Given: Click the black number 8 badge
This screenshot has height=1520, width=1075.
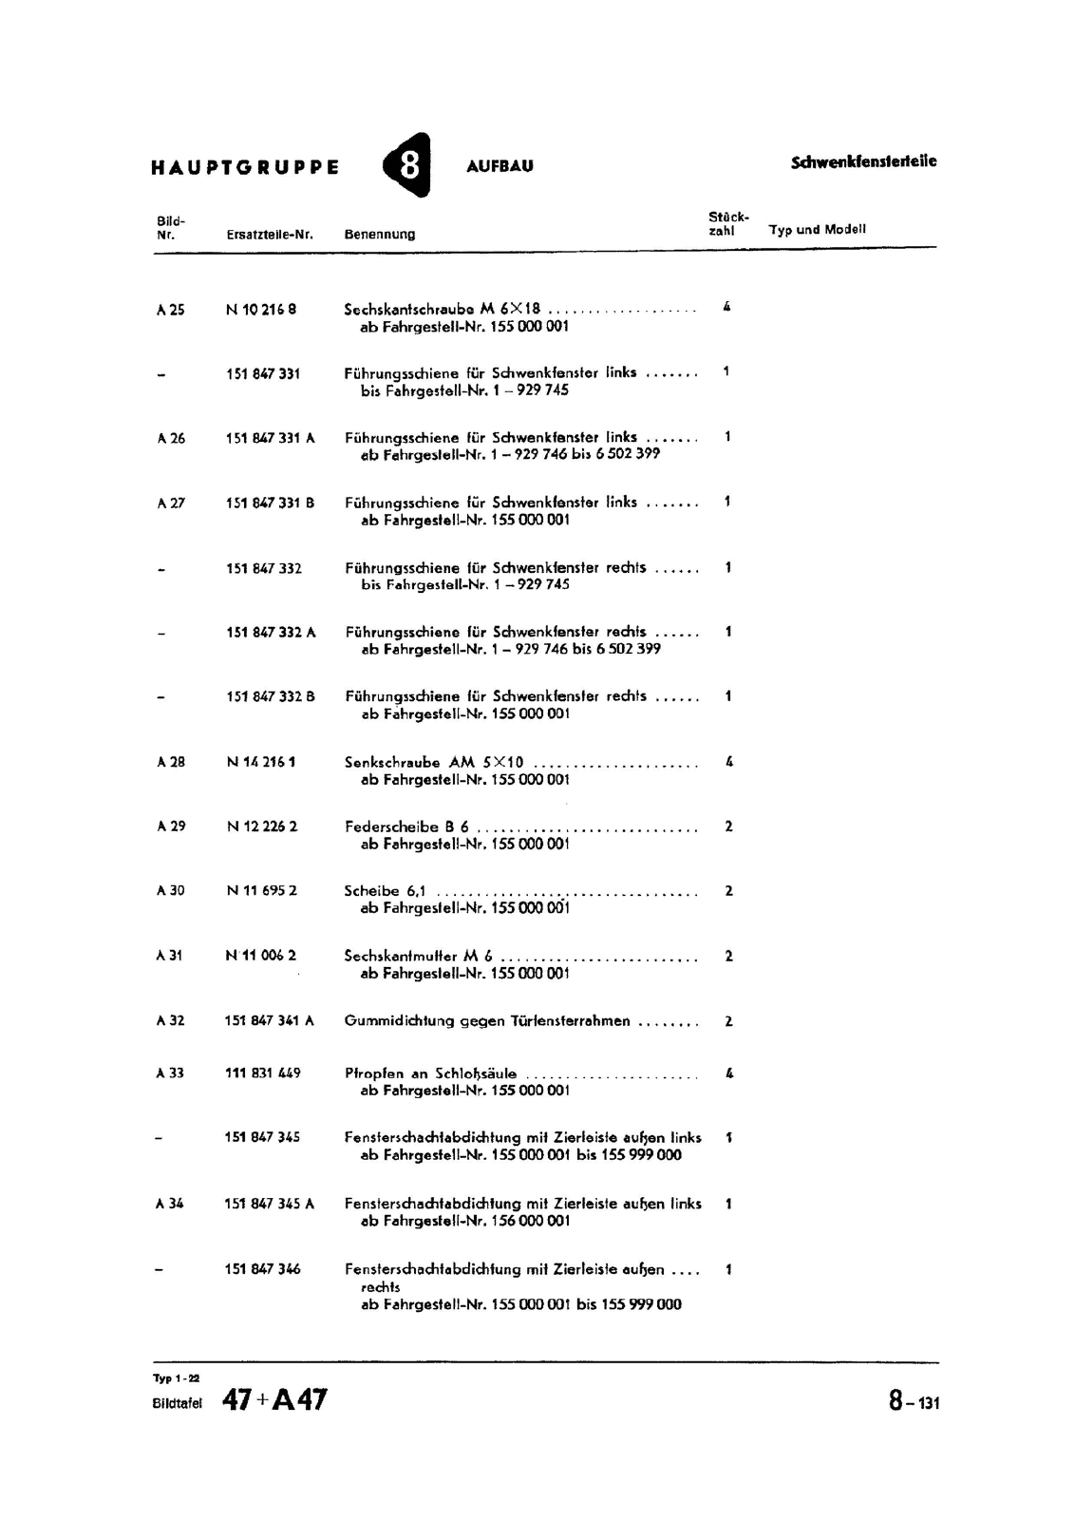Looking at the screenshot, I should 407,164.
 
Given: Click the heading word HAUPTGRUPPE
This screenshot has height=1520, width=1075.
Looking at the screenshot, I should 245,167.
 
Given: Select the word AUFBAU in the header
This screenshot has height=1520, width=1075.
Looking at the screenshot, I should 500,166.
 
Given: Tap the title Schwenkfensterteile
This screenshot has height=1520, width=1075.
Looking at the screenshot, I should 863,161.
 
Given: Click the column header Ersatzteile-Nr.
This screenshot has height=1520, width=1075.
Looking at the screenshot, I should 270,234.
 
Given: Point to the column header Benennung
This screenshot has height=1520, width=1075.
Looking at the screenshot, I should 379,234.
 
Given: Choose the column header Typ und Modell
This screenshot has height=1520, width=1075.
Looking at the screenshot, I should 817,229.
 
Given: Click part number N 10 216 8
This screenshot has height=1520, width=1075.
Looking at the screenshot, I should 261,309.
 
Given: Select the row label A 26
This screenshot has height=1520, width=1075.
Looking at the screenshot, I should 171,438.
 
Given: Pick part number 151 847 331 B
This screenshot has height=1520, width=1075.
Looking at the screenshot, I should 270,503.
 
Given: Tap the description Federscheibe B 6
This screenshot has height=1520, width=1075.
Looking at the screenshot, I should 406,826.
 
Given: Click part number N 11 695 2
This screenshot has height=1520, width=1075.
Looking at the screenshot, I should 262,891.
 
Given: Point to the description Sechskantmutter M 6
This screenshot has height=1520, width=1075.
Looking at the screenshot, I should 418,956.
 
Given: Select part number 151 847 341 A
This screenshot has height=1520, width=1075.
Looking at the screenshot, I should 269,1020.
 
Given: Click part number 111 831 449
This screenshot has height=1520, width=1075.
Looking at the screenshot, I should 262,1073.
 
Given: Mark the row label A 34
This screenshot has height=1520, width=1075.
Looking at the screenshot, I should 170,1204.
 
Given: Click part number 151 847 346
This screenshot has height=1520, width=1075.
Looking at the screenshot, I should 262,1268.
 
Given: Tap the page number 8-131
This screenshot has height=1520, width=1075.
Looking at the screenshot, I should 914,1401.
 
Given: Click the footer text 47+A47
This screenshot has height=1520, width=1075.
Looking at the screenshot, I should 274,1400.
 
